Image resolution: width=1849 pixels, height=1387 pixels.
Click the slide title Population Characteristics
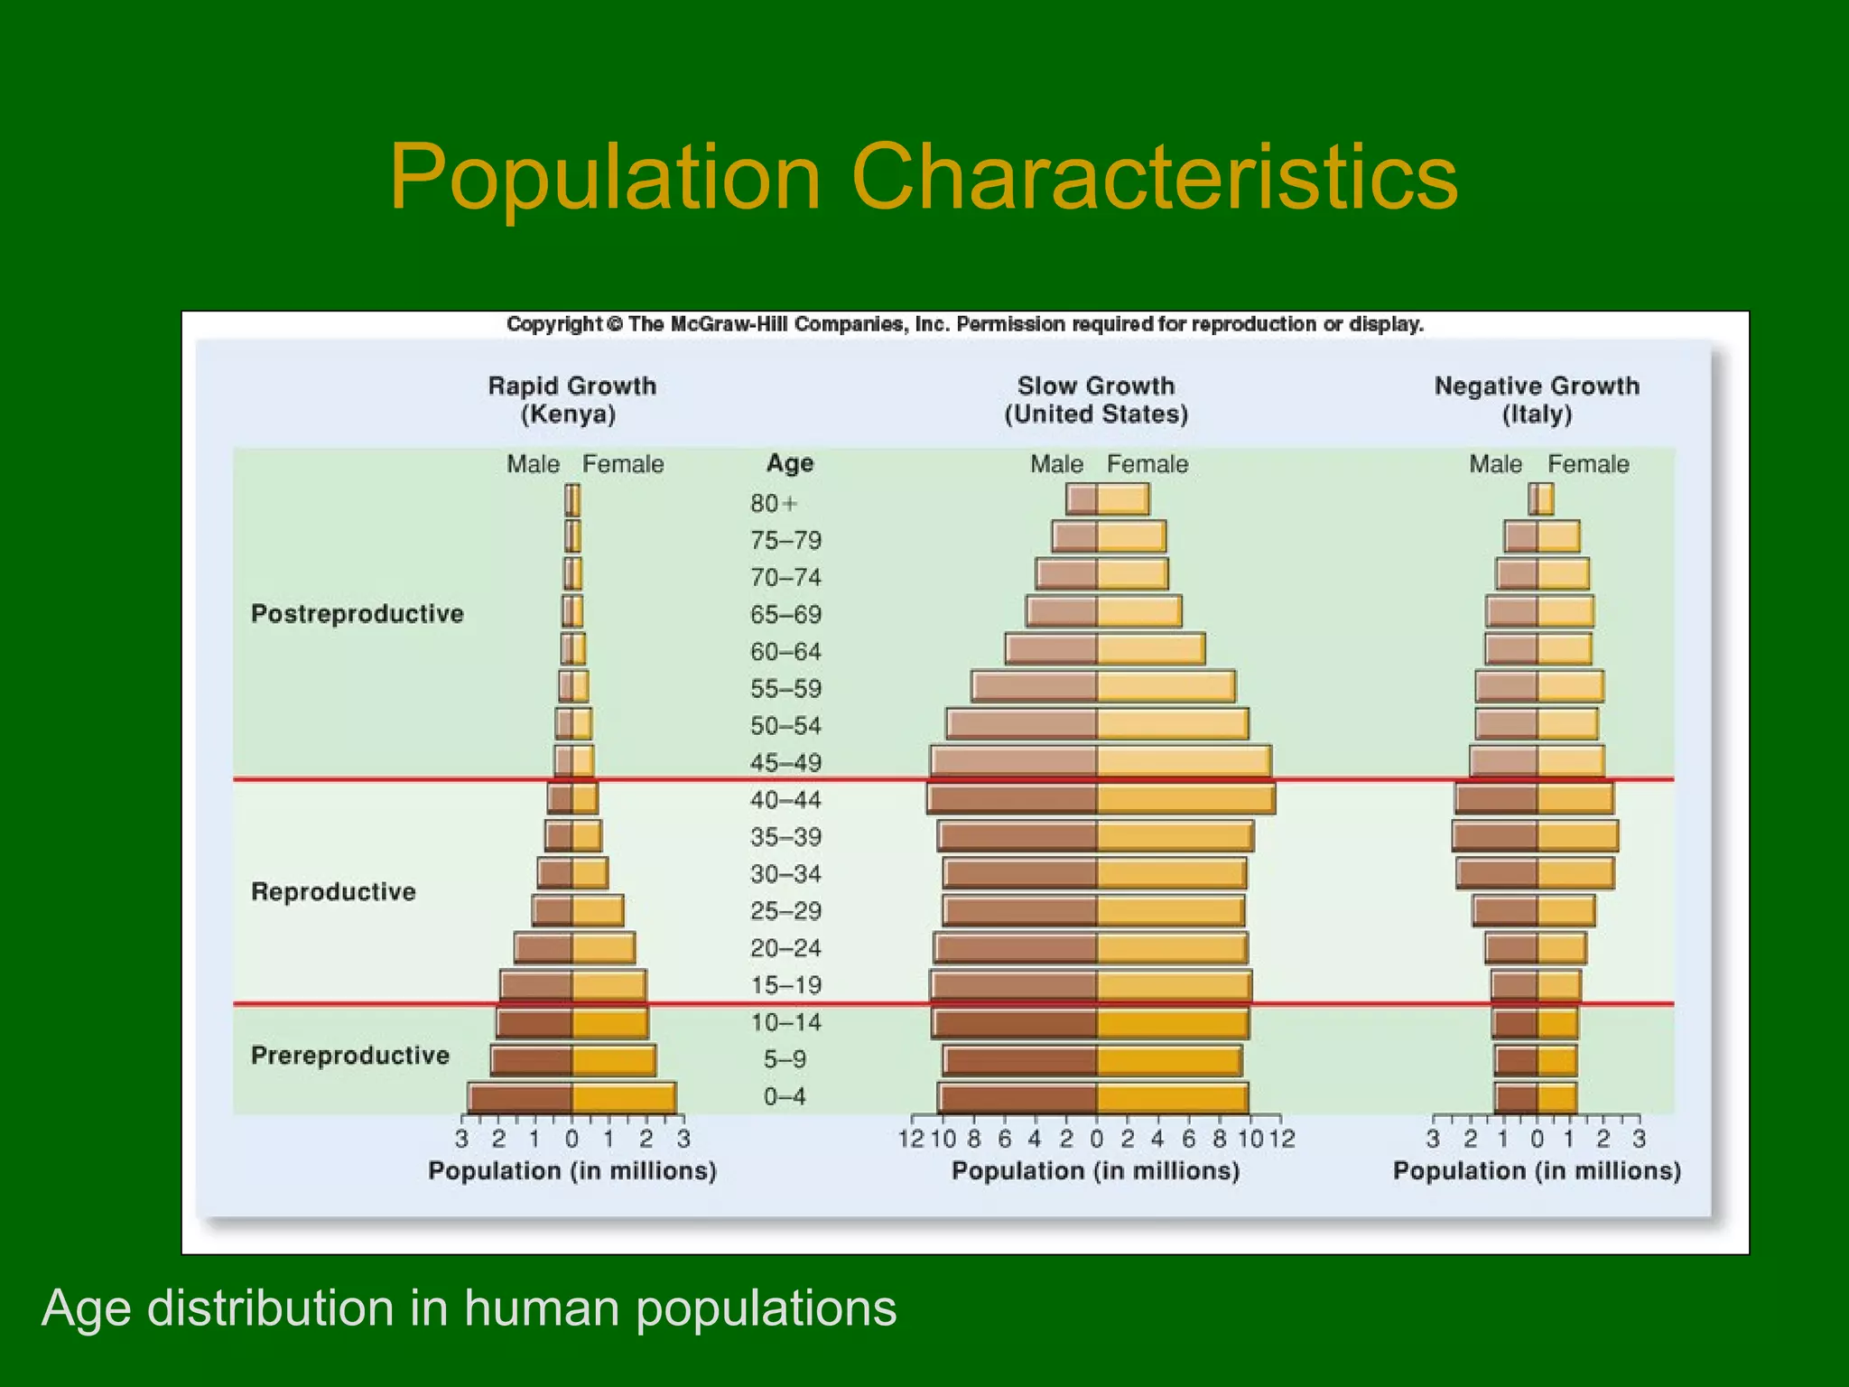pos(923,178)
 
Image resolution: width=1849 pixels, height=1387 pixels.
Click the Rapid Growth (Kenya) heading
pos(571,399)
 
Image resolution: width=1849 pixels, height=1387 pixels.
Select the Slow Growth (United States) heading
pos(1095,399)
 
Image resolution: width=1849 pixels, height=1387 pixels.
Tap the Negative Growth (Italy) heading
pos(1537,399)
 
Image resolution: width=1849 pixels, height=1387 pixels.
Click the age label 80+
pos(774,503)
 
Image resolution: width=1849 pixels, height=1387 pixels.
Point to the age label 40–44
pos(785,800)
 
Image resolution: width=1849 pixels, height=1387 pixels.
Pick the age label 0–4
pos(784,1097)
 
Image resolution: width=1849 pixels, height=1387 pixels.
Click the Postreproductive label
pos(357,614)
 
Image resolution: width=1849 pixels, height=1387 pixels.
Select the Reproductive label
pos(333,892)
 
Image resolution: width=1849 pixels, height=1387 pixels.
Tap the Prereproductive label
pos(349,1056)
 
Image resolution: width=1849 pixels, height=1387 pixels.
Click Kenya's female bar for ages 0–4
pos(623,1098)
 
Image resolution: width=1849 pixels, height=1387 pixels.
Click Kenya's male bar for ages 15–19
pos(537,985)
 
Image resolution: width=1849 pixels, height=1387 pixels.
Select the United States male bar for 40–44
pos(1013,799)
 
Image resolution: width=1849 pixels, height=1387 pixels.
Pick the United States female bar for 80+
pos(1122,499)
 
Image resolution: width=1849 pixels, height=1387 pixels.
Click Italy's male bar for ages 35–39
pos(1496,836)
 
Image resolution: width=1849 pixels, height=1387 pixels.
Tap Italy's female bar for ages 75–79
pos(1558,537)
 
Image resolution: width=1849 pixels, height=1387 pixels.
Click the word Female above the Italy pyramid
pos(1588,464)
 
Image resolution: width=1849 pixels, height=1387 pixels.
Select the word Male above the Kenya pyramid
pos(533,464)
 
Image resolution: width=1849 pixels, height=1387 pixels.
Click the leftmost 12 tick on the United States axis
pos(910,1139)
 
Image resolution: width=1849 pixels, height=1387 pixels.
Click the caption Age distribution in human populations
pos(469,1308)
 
